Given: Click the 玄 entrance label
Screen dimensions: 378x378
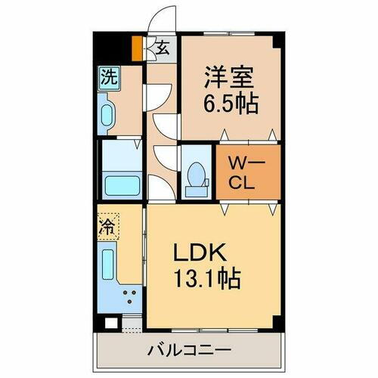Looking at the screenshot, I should point(162,47).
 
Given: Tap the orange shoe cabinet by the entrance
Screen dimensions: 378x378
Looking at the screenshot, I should point(137,48).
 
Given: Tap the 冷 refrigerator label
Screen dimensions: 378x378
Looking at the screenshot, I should point(107,225).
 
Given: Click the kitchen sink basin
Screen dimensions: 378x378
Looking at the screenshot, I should point(106,262).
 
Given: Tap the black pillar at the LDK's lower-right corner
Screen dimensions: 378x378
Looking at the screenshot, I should point(280,322).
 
